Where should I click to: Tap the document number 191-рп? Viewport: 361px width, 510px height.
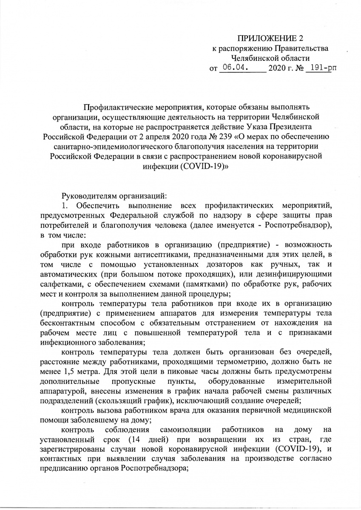coord(319,67)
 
